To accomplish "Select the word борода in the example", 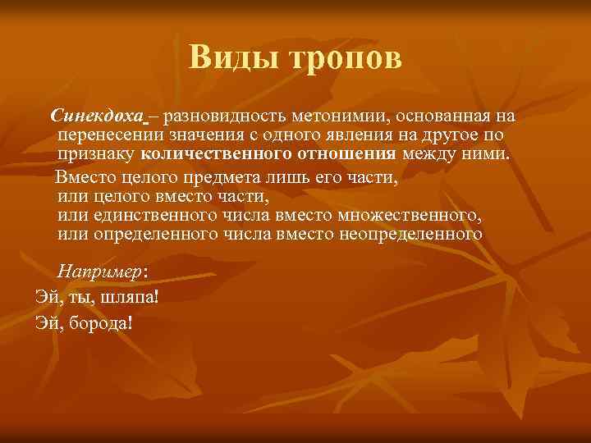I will click(x=99, y=322).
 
